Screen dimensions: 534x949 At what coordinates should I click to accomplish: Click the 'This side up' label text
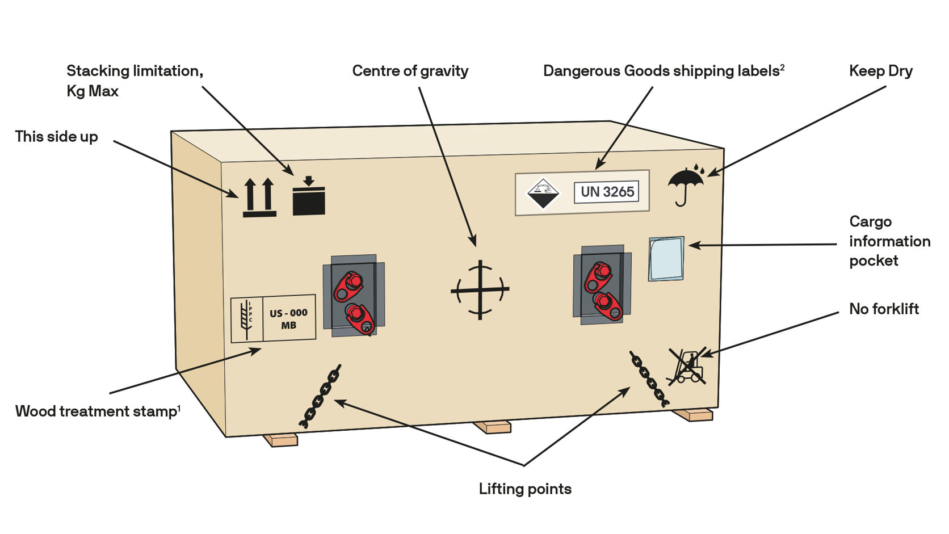pyautogui.click(x=56, y=137)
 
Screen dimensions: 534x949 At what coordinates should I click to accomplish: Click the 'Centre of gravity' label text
pyautogui.click(x=410, y=71)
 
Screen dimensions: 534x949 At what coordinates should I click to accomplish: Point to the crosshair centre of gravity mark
pyautogui.click(x=480, y=290)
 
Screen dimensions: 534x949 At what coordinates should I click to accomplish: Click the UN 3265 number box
pyautogui.click(x=606, y=192)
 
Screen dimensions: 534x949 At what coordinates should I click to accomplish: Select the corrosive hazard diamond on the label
pyautogui.click(x=543, y=193)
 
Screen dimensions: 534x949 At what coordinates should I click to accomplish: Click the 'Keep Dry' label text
pyautogui.click(x=880, y=71)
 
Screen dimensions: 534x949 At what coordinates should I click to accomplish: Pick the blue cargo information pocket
pyautogui.click(x=666, y=259)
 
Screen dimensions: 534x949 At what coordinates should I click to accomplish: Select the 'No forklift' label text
pyautogui.click(x=884, y=309)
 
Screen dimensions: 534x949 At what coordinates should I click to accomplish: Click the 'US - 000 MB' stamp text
pyautogui.click(x=288, y=319)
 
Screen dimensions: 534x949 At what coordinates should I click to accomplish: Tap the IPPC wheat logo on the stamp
pyautogui.click(x=246, y=319)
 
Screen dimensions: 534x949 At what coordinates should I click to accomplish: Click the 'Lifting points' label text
pyautogui.click(x=525, y=489)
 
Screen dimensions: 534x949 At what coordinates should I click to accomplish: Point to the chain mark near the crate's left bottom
pyautogui.click(x=320, y=396)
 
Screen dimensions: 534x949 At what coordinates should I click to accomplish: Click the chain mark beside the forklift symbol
pyautogui.click(x=649, y=379)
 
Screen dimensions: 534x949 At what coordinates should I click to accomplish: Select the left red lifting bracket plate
pyautogui.click(x=354, y=296)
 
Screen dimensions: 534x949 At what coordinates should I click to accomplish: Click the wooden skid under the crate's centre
pyautogui.click(x=492, y=427)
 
